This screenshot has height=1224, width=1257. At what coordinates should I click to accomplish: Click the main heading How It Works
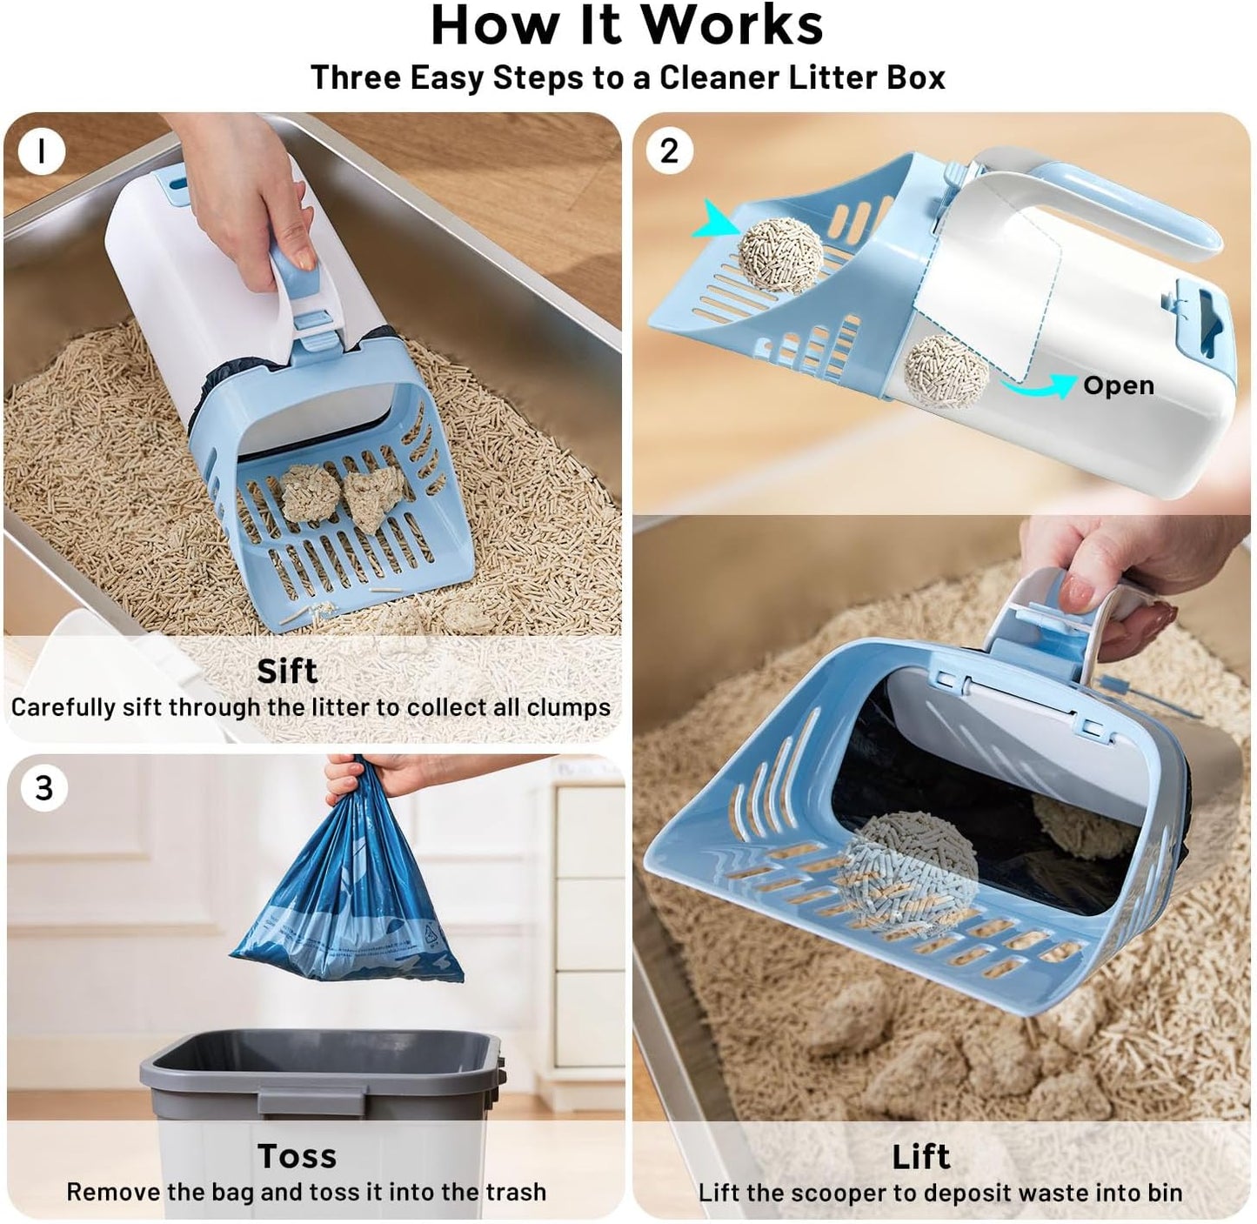(x=626, y=26)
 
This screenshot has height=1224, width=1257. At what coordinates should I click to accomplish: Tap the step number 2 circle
(x=668, y=151)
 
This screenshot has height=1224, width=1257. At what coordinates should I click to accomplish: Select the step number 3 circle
(x=43, y=788)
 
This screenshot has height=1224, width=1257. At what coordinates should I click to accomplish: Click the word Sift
(x=287, y=672)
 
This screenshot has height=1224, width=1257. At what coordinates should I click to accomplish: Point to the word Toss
(x=297, y=1156)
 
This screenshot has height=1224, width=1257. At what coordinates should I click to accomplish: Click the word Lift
(x=921, y=1157)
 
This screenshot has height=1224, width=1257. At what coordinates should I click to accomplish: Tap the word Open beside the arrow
(x=1119, y=385)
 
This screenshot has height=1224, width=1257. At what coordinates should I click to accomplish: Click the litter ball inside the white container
(x=946, y=372)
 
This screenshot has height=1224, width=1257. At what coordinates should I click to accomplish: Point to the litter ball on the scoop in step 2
(x=780, y=252)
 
